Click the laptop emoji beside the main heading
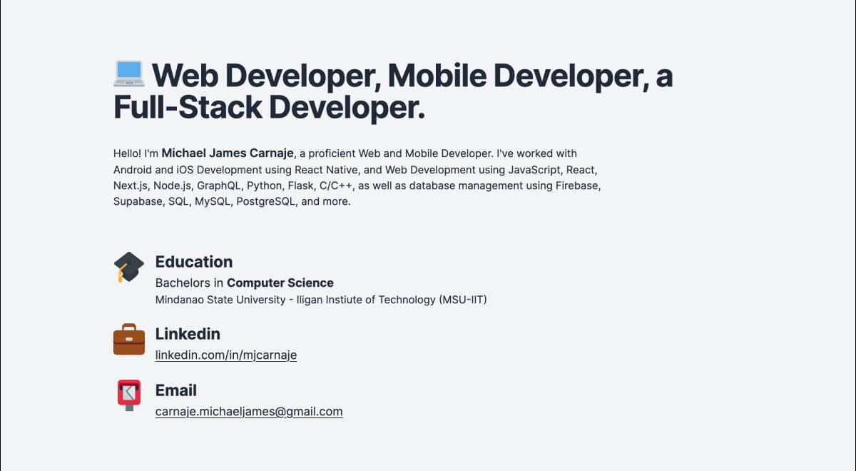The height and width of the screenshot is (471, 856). click(129, 74)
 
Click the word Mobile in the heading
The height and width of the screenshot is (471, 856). click(437, 76)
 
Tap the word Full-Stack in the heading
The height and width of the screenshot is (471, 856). click(188, 108)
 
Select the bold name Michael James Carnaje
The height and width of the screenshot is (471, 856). click(228, 153)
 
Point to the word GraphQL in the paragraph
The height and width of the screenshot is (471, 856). click(219, 186)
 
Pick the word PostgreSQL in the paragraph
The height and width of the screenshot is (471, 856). click(265, 201)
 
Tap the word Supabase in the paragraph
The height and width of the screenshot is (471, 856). click(138, 201)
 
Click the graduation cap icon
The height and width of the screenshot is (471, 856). click(129, 267)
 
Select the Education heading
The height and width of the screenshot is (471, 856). click(194, 262)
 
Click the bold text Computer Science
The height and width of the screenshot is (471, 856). click(280, 283)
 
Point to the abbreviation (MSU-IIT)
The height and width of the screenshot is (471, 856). click(462, 300)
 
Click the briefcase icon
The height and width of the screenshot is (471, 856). click(129, 340)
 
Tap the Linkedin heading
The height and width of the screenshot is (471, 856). click(188, 334)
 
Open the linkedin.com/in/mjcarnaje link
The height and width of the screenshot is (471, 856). click(226, 355)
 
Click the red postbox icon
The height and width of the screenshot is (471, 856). click(129, 395)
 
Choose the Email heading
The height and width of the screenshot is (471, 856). click(175, 390)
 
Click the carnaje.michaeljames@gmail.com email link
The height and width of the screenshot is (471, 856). click(249, 412)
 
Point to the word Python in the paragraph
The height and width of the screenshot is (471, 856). click(264, 186)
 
